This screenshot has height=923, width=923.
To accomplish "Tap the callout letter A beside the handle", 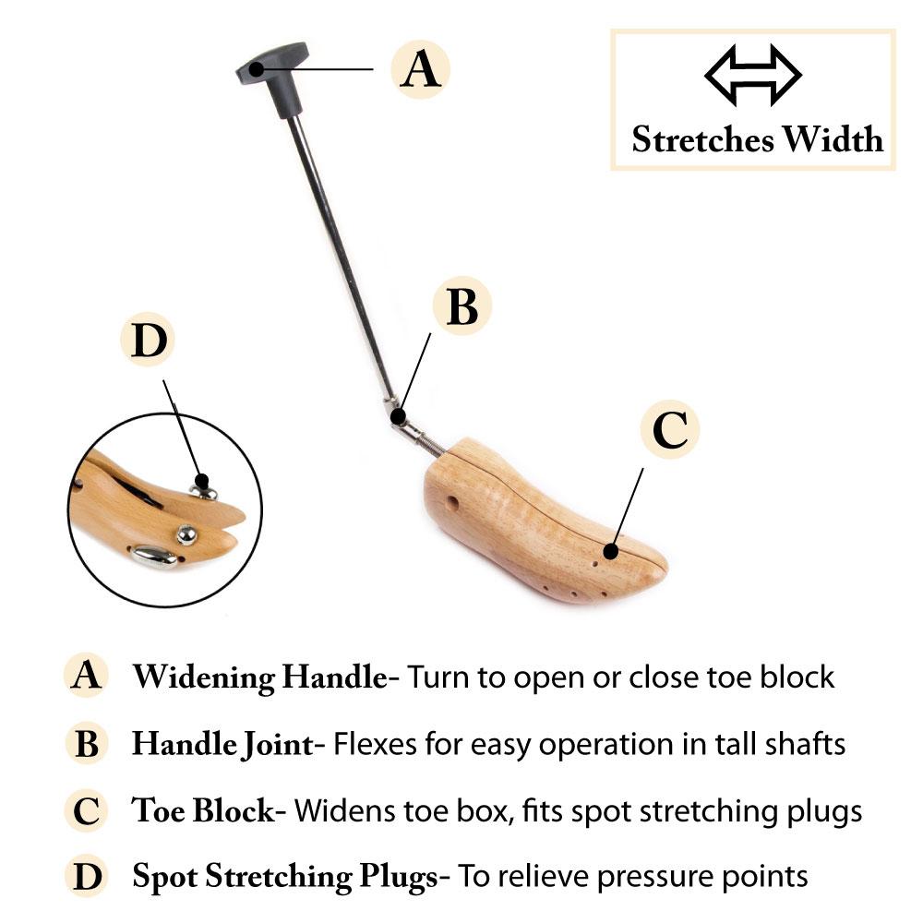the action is pos(420,69).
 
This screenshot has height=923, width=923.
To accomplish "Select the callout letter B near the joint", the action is pos(462,306).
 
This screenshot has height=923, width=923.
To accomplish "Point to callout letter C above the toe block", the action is pos(670,429).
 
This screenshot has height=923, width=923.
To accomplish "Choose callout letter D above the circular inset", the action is pos(149,340).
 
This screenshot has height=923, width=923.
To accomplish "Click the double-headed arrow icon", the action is pos(753,75).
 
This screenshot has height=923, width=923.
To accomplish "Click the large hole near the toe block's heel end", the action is pos(452,504).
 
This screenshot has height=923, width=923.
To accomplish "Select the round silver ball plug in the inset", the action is pos(186,534).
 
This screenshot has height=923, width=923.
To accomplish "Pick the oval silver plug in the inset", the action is pos(153,557).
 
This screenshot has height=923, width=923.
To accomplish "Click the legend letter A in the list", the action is pos(86,675).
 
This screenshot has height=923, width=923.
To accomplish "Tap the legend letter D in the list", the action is pos(87,876).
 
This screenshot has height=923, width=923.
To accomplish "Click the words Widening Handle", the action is pos(260,677).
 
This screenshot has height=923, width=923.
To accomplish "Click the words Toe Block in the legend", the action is pos(203,810).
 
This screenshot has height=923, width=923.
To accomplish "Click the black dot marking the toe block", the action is pos(611,552).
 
